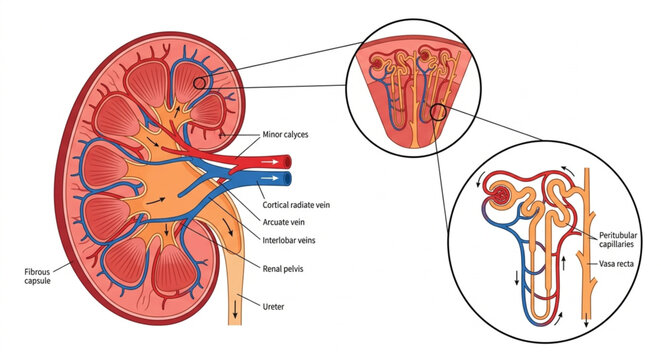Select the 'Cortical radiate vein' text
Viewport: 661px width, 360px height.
[297, 202]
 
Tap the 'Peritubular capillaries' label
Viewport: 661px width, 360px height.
[625, 240]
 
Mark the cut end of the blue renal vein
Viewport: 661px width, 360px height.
[287, 179]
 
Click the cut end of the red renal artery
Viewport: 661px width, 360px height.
[287, 159]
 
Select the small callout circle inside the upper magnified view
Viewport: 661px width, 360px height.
[436, 110]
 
